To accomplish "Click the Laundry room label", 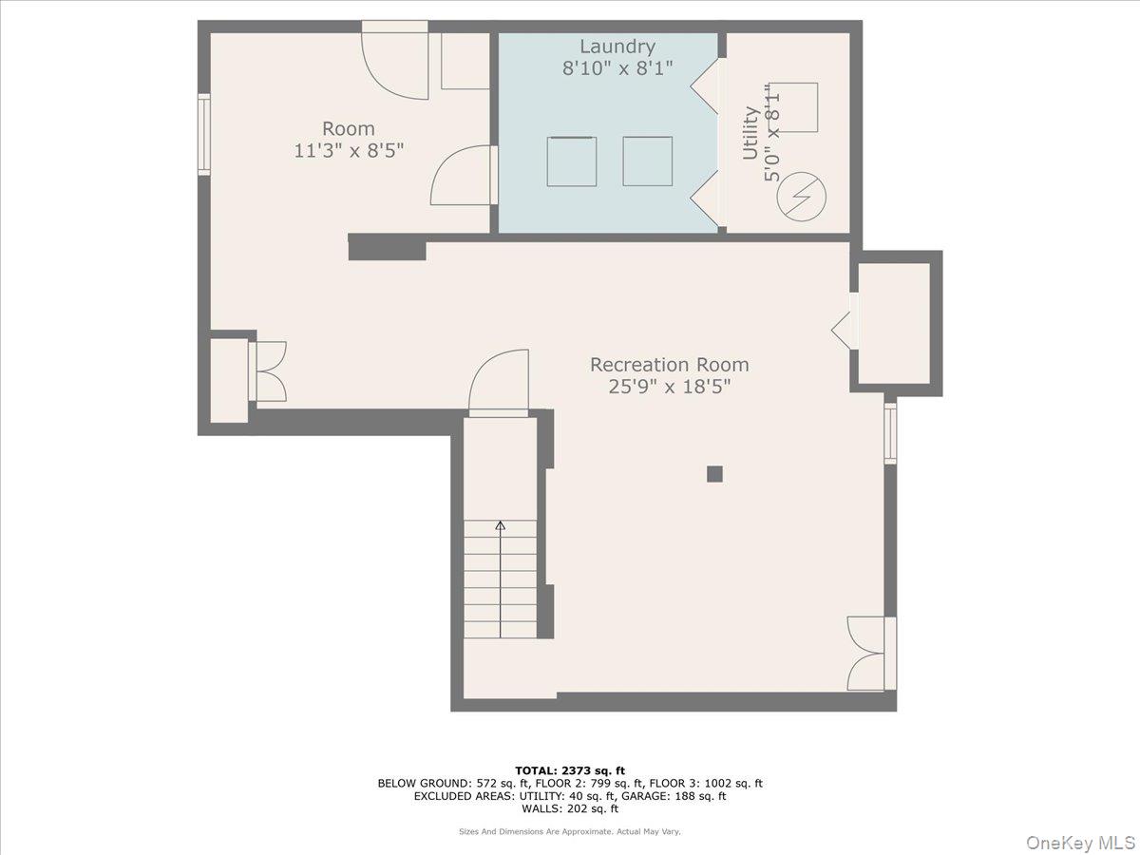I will (x=617, y=47).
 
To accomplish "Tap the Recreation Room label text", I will (x=669, y=365).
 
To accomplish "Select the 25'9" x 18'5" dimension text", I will (x=669, y=387).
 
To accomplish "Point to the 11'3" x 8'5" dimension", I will (x=349, y=150).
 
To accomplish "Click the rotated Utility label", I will (x=750, y=133).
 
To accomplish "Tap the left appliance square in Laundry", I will (x=572, y=161).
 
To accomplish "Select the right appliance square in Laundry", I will (x=648, y=161).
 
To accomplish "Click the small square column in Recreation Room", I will (x=714, y=474).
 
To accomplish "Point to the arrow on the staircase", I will (x=500, y=525).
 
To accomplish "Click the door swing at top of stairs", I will (x=500, y=383).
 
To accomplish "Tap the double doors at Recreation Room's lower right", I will (x=866, y=654).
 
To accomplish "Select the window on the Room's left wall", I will (x=203, y=134).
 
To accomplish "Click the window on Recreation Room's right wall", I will (x=890, y=433).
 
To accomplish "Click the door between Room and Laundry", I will (x=464, y=177).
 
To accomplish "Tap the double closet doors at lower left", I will (x=268, y=370).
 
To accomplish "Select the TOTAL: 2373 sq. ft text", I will (x=570, y=770).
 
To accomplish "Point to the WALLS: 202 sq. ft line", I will (x=570, y=809).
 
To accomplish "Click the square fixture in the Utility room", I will (x=793, y=107).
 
